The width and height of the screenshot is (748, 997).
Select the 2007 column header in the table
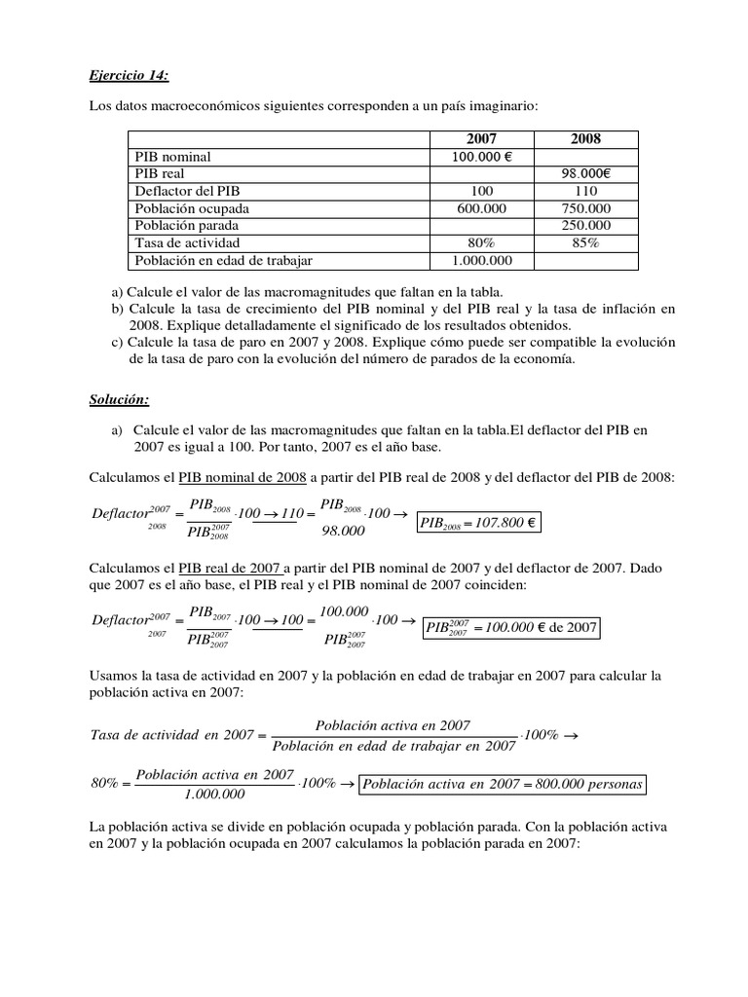click(481, 139)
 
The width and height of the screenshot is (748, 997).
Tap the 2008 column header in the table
click(585, 139)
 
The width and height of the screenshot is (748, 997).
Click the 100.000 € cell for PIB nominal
click(481, 156)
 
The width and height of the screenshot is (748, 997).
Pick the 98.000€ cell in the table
click(585, 173)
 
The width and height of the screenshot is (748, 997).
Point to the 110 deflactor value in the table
click(585, 191)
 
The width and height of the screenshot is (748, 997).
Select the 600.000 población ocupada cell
click(481, 208)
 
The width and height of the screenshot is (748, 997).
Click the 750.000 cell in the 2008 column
click(585, 208)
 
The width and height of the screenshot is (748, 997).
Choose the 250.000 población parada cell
click(585, 225)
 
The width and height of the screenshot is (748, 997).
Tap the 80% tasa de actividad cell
click(481, 242)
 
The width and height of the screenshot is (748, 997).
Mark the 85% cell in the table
click(585, 242)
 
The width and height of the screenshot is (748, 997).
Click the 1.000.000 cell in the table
click(481, 260)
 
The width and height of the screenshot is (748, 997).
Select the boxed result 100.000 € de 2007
click(511, 627)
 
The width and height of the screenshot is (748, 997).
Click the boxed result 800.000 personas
click(504, 784)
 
